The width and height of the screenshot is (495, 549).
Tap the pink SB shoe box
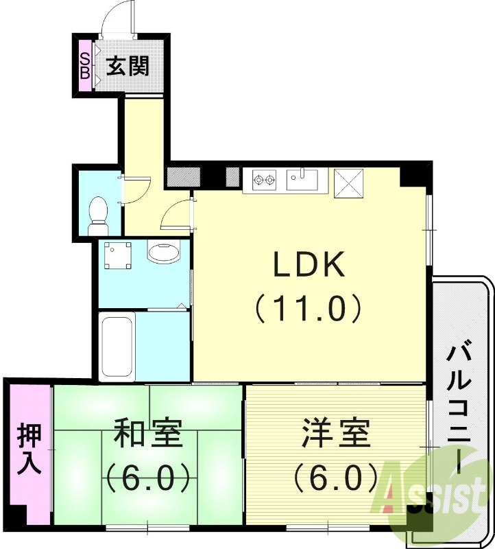pyautogui.click(x=85, y=66)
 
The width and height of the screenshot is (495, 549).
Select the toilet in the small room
pyautogui.click(x=99, y=213)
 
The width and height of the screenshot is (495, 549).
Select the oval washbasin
pyautogui.click(x=164, y=253)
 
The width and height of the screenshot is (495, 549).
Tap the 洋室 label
pyautogui.click(x=336, y=434)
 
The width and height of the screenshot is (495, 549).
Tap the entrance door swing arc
pyautogui.click(x=114, y=21)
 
